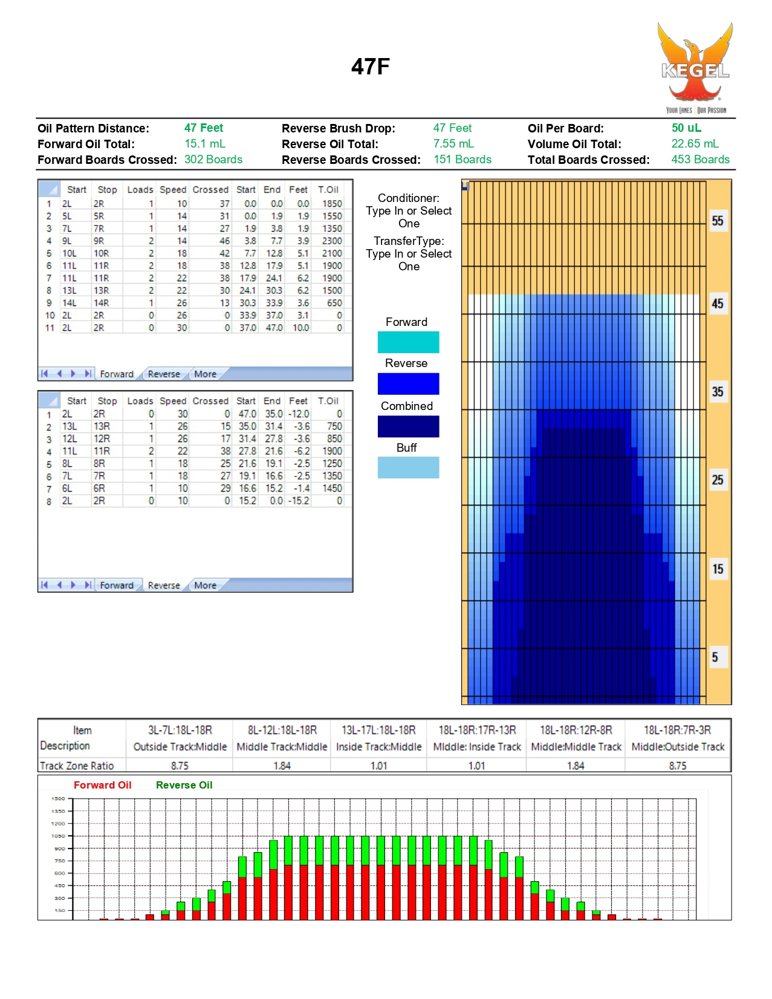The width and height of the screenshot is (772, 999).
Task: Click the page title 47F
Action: pyautogui.click(x=370, y=67)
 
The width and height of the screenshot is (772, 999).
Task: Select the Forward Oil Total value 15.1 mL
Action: pyautogui.click(x=204, y=144)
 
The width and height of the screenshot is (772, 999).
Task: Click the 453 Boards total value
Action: pyautogui.click(x=700, y=160)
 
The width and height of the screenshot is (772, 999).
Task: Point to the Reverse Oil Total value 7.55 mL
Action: pyautogui.click(x=453, y=144)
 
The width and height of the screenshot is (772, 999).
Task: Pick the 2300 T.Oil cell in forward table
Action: pyautogui.click(x=332, y=241)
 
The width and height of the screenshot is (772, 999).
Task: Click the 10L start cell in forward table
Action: pyautogui.click(x=70, y=253)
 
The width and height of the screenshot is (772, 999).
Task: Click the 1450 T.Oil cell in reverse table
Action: pyautogui.click(x=332, y=488)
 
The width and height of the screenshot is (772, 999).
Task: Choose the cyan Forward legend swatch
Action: pyautogui.click(x=408, y=342)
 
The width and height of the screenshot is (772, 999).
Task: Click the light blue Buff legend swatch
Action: pyautogui.click(x=408, y=467)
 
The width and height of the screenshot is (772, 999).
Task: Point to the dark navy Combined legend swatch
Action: pyautogui.click(x=408, y=426)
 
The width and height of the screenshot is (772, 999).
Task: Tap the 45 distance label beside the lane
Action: pyautogui.click(x=717, y=304)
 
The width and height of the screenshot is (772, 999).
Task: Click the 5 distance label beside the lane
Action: pyautogui.click(x=715, y=657)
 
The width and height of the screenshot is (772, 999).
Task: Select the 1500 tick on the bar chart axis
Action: pyautogui.click(x=58, y=799)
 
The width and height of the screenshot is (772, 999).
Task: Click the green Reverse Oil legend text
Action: pyautogui.click(x=184, y=785)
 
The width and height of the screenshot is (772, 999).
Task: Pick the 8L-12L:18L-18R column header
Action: pyautogui.click(x=282, y=731)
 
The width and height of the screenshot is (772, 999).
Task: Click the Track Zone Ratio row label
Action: pyautogui.click(x=77, y=766)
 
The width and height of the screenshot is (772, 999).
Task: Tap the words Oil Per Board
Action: pyautogui.click(x=565, y=128)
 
